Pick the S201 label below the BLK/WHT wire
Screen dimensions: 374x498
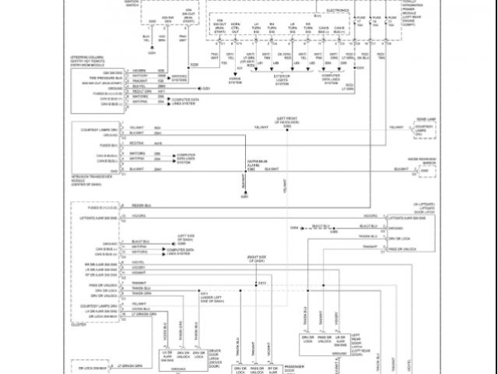click(x=244, y=196)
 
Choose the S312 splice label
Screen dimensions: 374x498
click(x=261, y=281)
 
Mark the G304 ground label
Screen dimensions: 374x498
click(x=295, y=227)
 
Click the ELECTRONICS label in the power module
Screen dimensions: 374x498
click(x=338, y=12)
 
